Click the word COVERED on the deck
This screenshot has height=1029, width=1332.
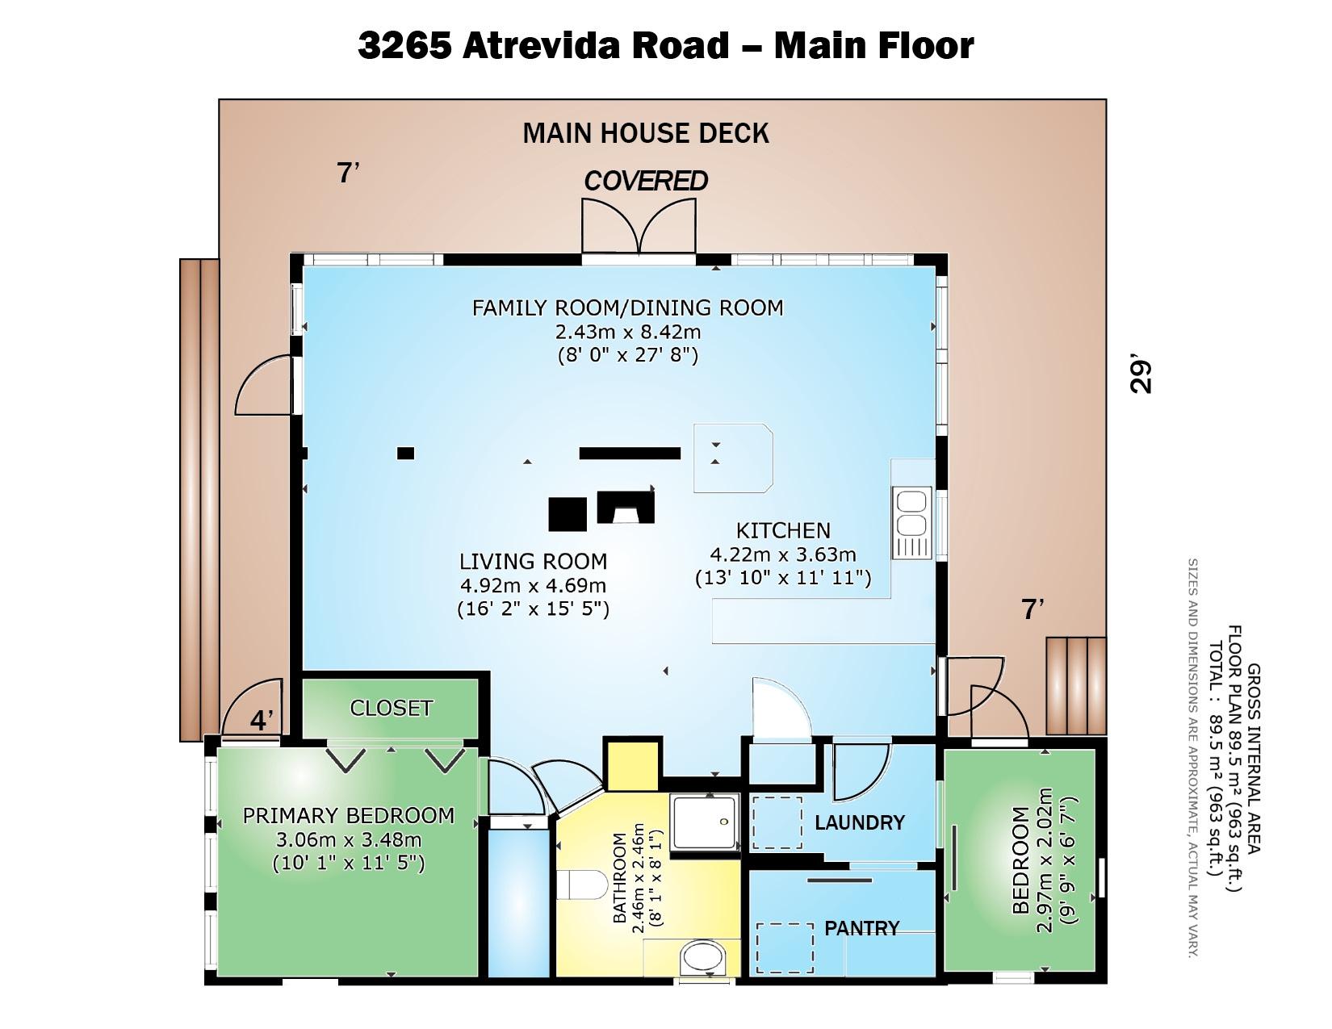646,181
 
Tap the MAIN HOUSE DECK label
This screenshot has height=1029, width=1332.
646,133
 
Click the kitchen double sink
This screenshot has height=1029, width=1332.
911,522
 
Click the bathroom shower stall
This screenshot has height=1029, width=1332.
704,822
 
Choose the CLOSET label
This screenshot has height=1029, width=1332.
391,709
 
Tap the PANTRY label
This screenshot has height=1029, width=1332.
862,928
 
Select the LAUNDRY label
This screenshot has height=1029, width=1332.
860,822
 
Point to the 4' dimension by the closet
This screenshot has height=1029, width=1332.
261,720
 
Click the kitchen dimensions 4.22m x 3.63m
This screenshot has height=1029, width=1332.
783,554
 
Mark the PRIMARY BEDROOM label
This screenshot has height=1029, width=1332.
349,816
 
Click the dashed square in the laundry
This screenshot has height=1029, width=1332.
777,822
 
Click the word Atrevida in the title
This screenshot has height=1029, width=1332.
541,45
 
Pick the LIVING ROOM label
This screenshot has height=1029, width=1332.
534,562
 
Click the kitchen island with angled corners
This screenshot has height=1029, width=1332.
733,458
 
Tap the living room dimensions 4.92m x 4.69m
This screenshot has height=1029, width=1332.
534,585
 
